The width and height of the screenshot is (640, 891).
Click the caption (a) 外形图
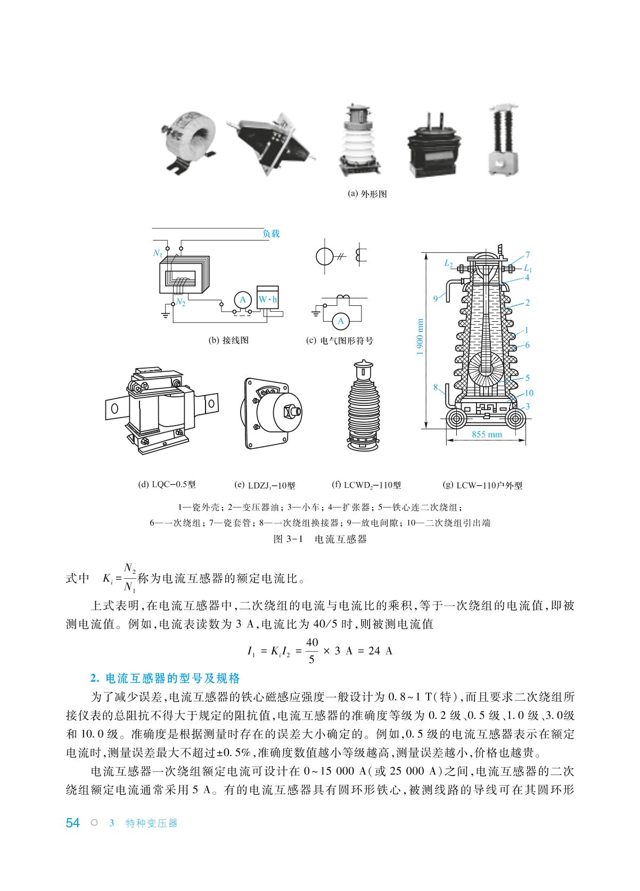(x=367, y=194)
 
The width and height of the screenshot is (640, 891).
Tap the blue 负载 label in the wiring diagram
(x=271, y=234)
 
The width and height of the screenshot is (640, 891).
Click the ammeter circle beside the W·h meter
(x=243, y=300)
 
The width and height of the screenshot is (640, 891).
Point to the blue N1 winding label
(x=158, y=253)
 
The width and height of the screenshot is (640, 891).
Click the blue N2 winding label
(x=180, y=302)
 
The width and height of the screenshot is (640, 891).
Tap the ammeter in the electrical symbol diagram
(x=341, y=321)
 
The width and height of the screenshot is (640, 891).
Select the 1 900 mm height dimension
(x=420, y=337)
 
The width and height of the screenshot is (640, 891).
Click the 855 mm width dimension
(x=487, y=435)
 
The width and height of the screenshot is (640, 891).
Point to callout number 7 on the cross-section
(x=528, y=255)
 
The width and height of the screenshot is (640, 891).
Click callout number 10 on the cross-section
(x=529, y=393)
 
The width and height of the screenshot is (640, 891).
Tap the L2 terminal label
(x=448, y=263)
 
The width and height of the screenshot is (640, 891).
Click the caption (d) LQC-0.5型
(x=167, y=485)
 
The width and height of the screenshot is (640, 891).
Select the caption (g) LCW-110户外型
(x=482, y=485)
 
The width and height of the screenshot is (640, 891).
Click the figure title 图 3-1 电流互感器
(x=320, y=539)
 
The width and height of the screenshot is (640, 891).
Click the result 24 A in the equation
(x=380, y=651)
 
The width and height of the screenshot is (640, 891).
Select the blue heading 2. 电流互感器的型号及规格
(x=165, y=678)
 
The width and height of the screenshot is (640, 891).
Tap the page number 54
(x=72, y=822)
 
